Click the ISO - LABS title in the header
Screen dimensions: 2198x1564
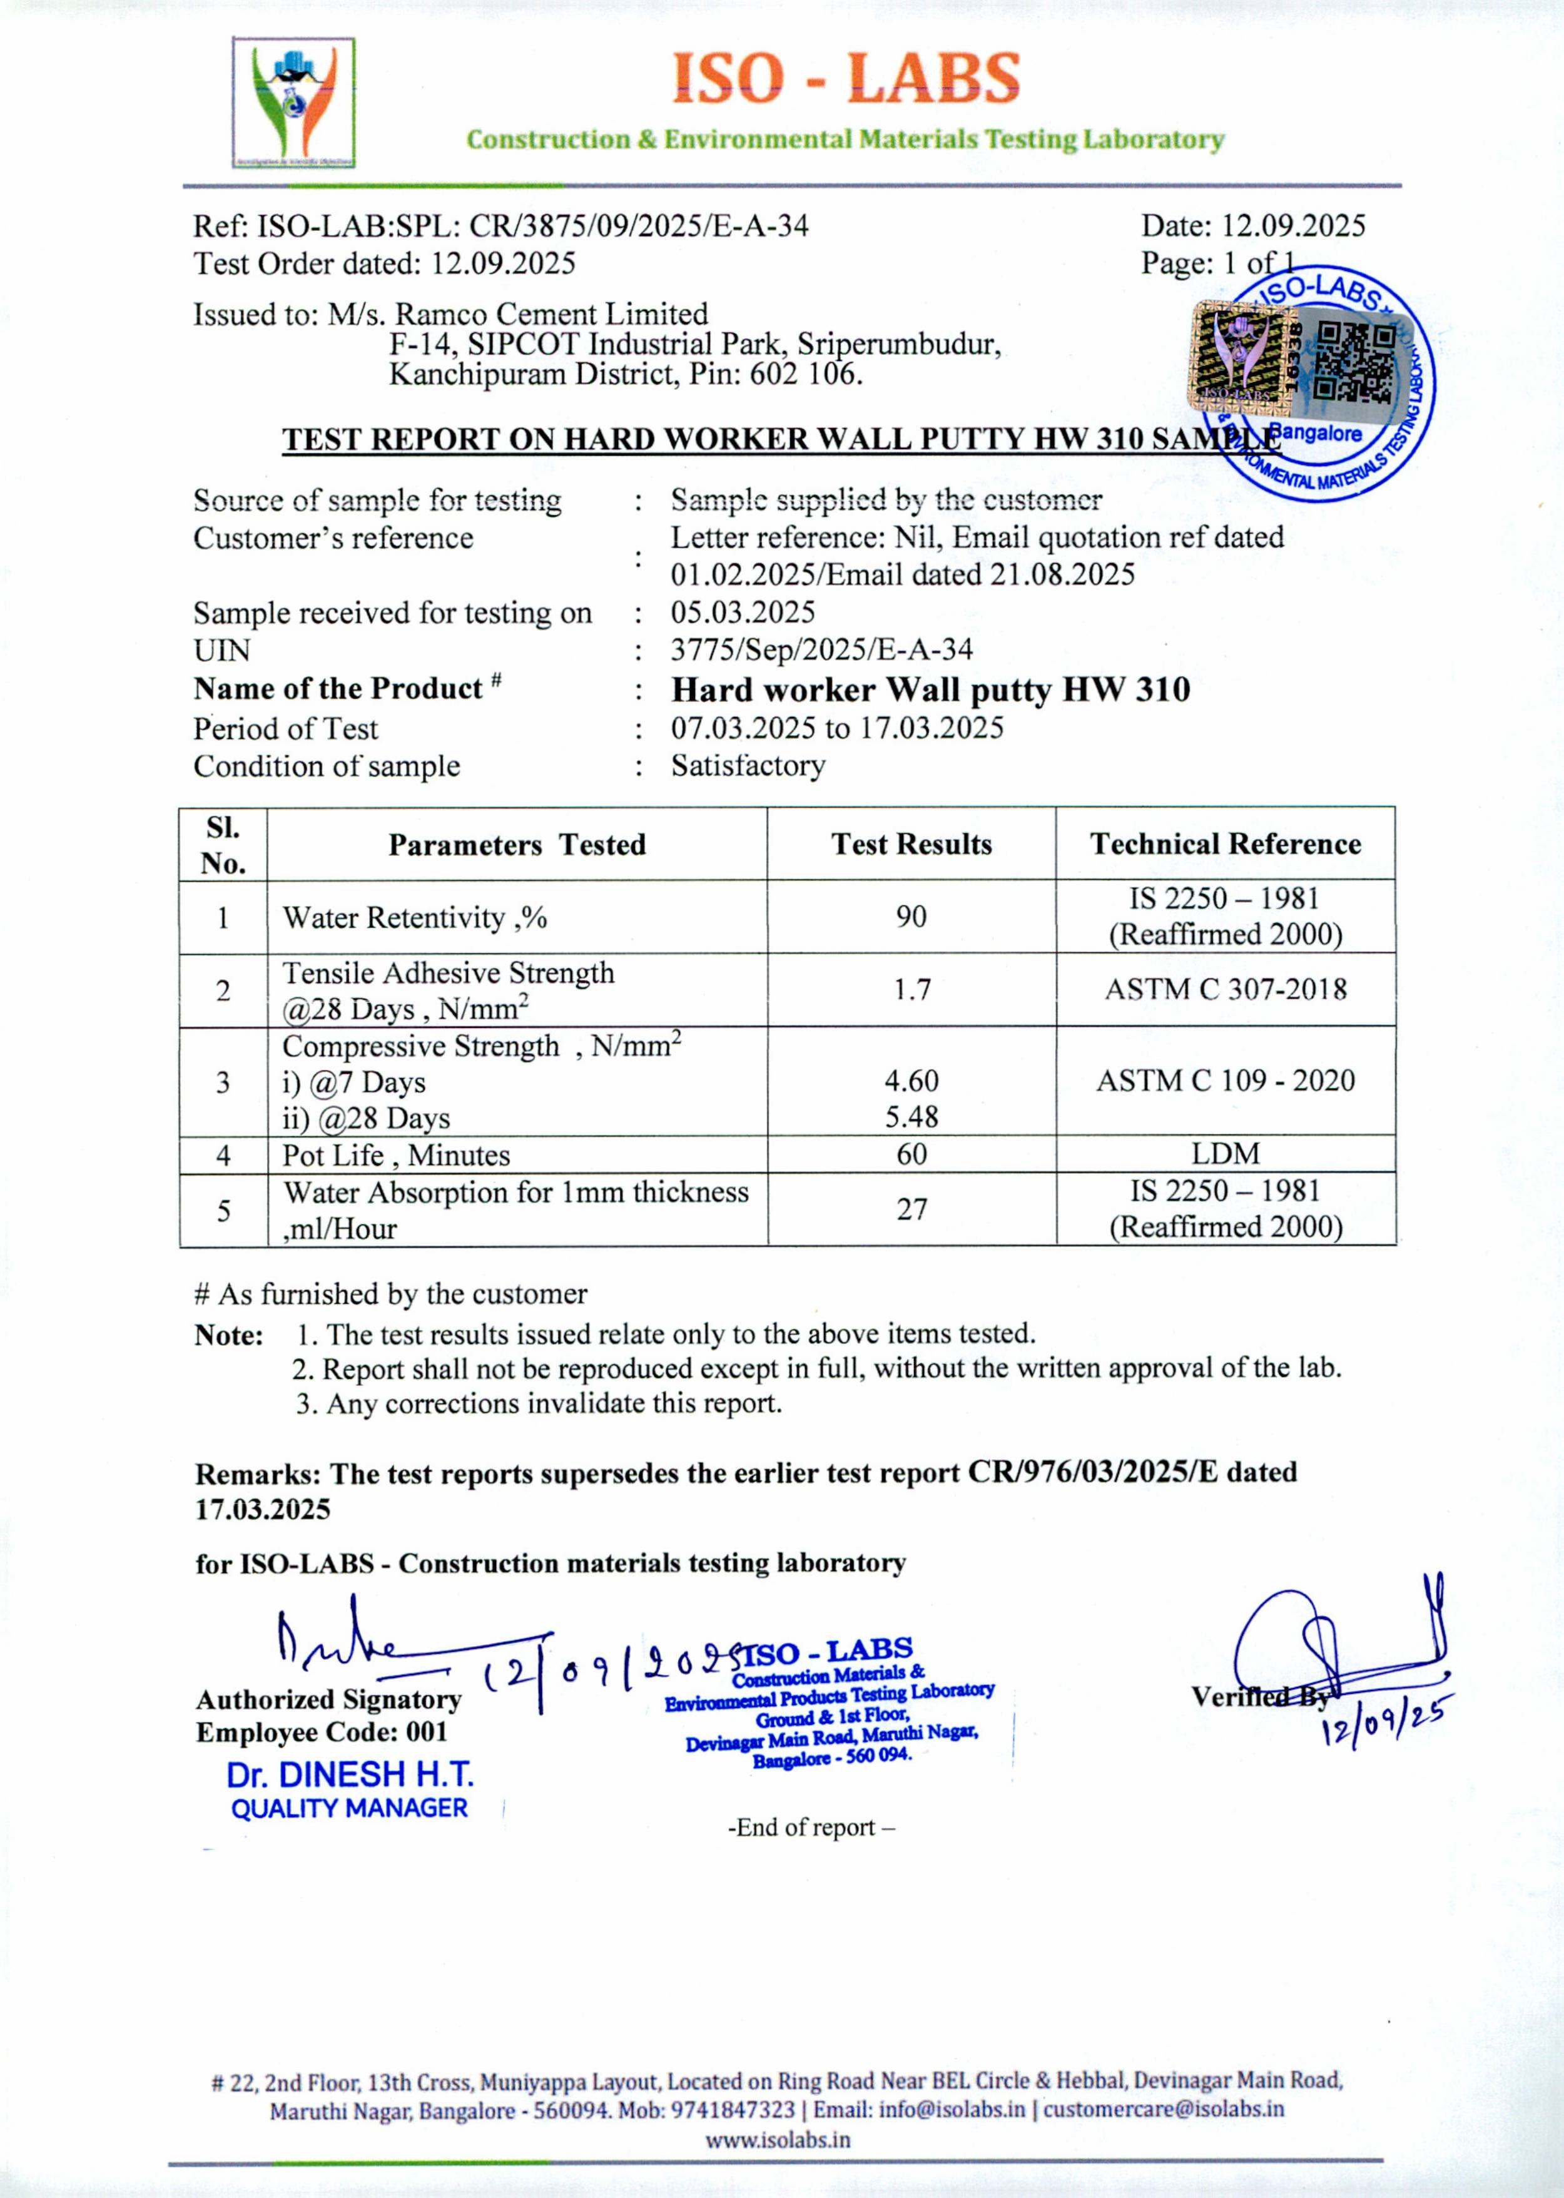point(845,79)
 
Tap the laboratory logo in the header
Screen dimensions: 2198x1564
point(294,102)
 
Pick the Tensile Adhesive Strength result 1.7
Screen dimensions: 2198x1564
point(911,989)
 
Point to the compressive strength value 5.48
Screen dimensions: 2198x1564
point(911,1117)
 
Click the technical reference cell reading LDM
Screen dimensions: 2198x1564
point(1225,1153)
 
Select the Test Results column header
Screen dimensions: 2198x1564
point(911,845)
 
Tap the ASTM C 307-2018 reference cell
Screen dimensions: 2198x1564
point(1225,989)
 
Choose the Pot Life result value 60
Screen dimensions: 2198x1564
point(911,1154)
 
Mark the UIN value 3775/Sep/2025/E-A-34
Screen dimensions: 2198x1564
point(821,649)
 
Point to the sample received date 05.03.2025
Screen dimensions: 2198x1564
point(743,612)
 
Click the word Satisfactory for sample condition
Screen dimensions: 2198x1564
point(748,766)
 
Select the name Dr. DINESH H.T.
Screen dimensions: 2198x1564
point(350,1774)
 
